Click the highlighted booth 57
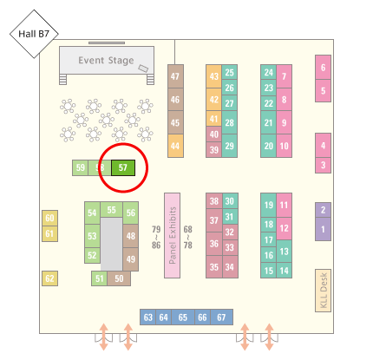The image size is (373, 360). tap(123, 167)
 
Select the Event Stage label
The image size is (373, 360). tap(106, 61)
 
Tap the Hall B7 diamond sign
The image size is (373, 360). tap(34, 34)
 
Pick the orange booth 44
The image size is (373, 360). tap(175, 146)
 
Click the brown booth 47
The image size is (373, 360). tap(175, 76)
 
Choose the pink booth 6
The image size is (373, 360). tap(323, 68)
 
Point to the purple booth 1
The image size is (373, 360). tap(323, 229)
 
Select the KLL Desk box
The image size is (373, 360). tap(323, 291)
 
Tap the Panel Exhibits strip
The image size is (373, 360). tap(172, 235)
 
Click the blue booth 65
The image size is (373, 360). tap(183, 317)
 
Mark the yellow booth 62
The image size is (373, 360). tap(49, 278)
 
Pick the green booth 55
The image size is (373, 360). tap(111, 210)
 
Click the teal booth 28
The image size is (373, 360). tap(230, 122)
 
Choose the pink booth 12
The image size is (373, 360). tap(284, 228)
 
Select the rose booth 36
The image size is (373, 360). tap(214, 244)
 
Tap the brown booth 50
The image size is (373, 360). tap(119, 278)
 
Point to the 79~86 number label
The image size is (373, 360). tap(156, 237)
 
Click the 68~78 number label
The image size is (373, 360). tap(187, 237)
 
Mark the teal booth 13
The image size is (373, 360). tap(284, 252)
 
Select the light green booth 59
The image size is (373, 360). tap(80, 167)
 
